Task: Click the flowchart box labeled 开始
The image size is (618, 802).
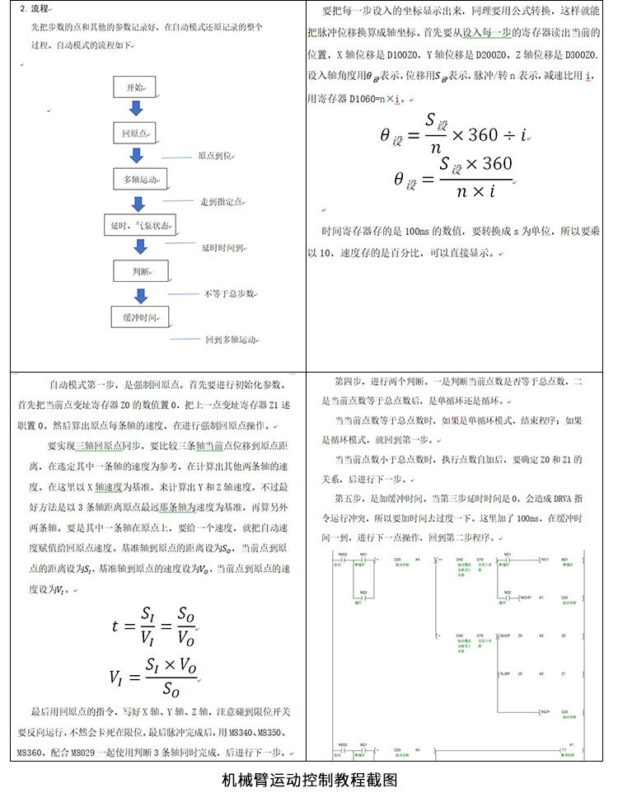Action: click(135, 87)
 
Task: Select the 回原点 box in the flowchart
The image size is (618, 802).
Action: click(134, 133)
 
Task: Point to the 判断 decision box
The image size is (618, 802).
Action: click(140, 270)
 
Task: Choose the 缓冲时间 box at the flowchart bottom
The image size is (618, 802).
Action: click(139, 316)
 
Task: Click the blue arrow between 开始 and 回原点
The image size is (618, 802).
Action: click(136, 110)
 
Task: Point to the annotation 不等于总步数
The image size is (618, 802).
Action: click(230, 293)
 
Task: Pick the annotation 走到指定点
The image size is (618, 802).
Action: click(223, 201)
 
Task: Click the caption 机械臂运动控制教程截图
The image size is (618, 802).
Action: click(309, 780)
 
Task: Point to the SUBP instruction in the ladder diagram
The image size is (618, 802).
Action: click(504, 673)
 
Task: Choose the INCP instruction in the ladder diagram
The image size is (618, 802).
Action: click(545, 711)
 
